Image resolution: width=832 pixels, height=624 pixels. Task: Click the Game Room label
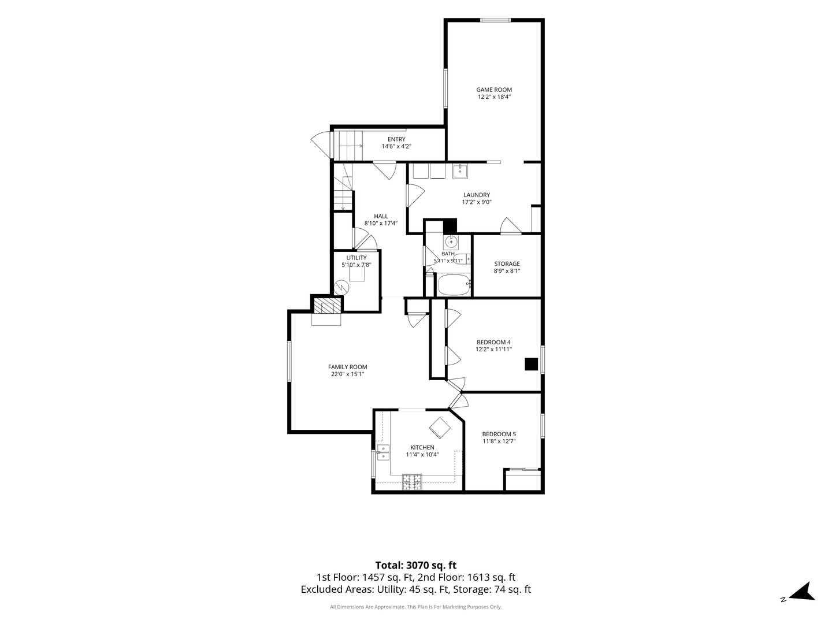click(x=493, y=90)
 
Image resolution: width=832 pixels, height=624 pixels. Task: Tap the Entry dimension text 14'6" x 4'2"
click(x=396, y=146)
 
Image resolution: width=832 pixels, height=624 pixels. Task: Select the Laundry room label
click(x=477, y=195)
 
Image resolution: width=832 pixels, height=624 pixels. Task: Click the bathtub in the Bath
click(x=454, y=285)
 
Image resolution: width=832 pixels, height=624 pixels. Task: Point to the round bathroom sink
click(x=450, y=241)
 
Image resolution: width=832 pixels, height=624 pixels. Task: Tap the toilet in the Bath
click(x=462, y=259)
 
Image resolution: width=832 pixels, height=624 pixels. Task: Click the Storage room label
click(x=507, y=263)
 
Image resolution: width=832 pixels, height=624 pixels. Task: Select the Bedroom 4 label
click(x=493, y=342)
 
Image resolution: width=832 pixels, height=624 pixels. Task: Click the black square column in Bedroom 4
click(x=531, y=364)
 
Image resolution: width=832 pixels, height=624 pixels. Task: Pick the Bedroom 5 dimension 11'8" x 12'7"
click(x=499, y=441)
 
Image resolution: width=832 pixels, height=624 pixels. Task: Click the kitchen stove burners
click(x=411, y=482)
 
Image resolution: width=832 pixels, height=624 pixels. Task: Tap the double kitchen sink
click(x=384, y=452)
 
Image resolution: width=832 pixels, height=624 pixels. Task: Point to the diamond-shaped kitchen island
click(x=440, y=428)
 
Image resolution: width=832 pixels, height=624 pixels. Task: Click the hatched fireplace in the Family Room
click(x=326, y=306)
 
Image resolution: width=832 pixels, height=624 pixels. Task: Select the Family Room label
click(x=348, y=367)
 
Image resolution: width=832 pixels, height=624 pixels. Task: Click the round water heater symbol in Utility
click(x=341, y=287)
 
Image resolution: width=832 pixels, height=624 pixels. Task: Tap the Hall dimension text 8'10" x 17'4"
click(x=381, y=223)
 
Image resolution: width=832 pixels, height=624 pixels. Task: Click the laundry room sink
click(x=460, y=171)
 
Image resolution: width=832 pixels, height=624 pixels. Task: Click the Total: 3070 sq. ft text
click(x=416, y=565)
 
